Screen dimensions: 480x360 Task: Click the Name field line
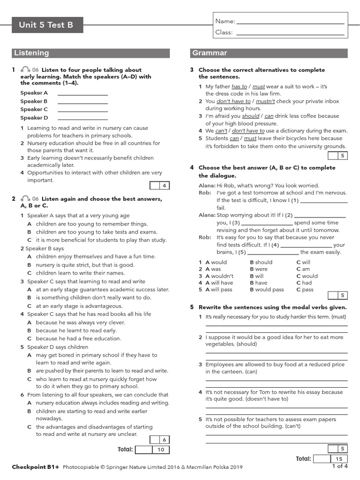point(291,22)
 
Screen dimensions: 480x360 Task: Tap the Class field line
point(291,33)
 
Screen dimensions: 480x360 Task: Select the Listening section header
point(93,53)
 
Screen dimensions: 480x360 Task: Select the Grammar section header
point(269,53)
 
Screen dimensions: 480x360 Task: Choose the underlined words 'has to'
point(239,87)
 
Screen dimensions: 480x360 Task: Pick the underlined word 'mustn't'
point(266,101)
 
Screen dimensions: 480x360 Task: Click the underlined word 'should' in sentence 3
point(250,116)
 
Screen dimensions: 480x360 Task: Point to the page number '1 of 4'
point(339,466)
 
